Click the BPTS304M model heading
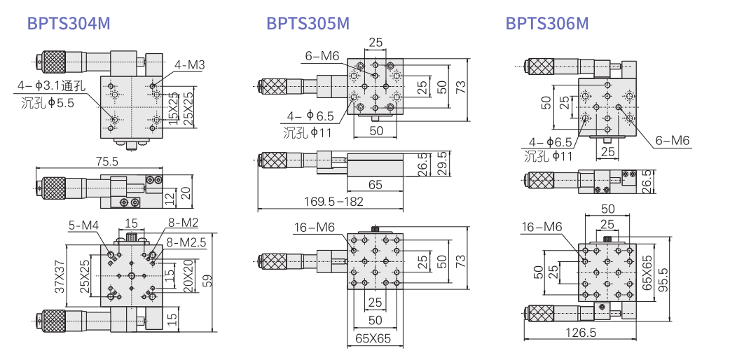tap(69, 24)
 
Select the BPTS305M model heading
tap(308, 24)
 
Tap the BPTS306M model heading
tap(547, 24)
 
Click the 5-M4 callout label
tap(83, 225)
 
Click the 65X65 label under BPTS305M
tap(374, 340)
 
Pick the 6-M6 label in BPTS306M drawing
tap(673, 141)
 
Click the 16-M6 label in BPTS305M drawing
tap(314, 227)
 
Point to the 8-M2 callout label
tap(183, 224)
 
